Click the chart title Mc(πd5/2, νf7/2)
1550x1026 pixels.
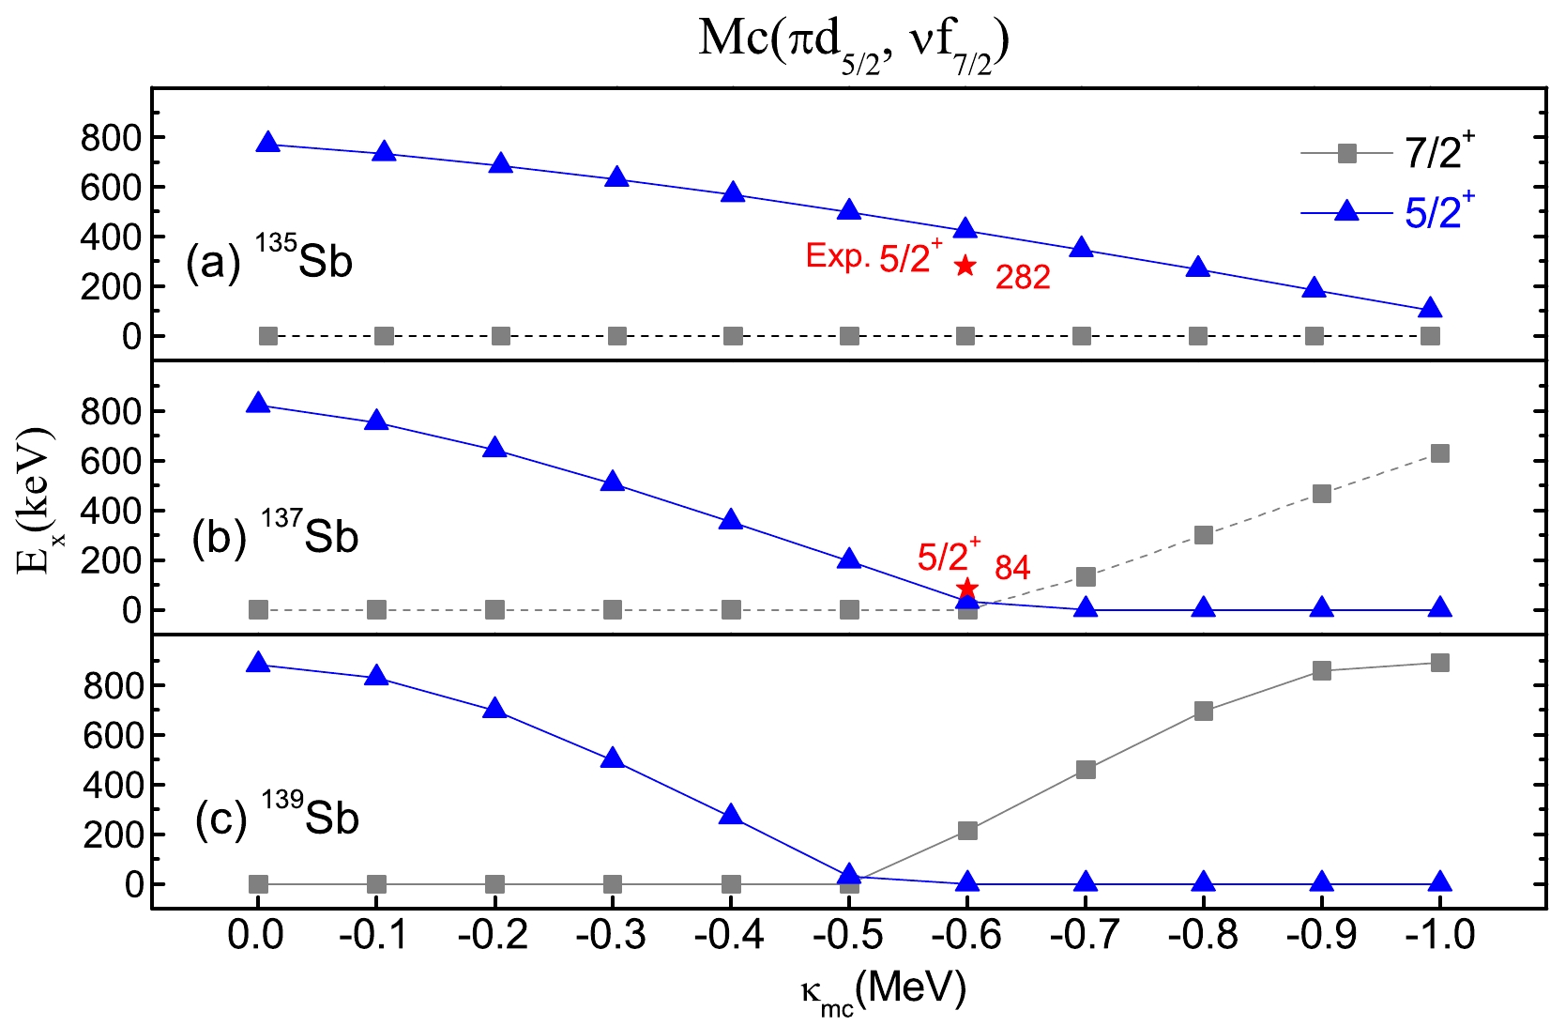click(x=853, y=43)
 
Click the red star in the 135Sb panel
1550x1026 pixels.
click(x=965, y=266)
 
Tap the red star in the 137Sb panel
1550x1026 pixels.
click(x=967, y=589)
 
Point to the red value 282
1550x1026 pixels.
click(x=1023, y=278)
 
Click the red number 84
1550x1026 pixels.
click(x=1012, y=568)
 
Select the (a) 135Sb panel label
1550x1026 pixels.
click(x=268, y=261)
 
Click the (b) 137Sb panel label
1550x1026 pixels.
click(x=275, y=537)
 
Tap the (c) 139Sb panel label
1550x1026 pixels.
click(x=277, y=818)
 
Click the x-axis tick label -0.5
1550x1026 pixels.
click(x=849, y=936)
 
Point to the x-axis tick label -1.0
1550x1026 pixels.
click(x=1439, y=936)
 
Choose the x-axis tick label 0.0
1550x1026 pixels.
click(x=256, y=936)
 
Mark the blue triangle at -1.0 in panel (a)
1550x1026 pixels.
click(x=1430, y=309)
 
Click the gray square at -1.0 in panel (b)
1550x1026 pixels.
click(x=1440, y=454)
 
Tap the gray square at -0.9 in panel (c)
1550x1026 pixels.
click(x=1322, y=670)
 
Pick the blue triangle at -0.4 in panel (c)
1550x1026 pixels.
click(x=731, y=815)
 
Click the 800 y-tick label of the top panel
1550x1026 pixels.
click(x=111, y=139)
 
